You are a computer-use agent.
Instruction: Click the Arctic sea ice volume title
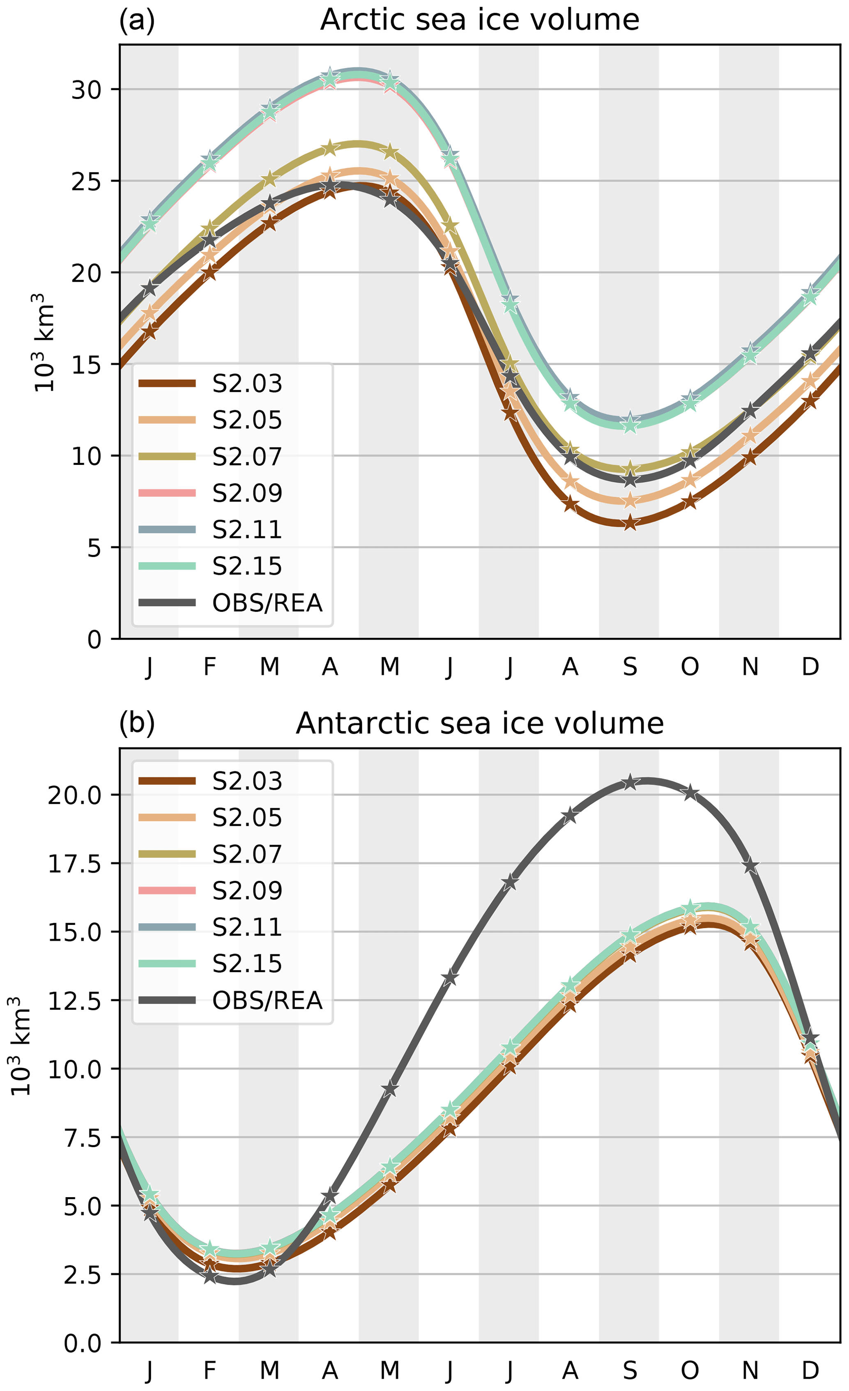point(479,20)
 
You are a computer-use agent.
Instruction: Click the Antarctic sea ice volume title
point(479,724)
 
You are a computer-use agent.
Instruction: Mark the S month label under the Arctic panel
point(630,667)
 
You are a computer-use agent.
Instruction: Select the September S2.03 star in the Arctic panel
point(630,523)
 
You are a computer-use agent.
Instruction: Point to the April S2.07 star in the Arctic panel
point(330,149)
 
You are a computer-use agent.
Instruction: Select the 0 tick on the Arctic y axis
point(94,639)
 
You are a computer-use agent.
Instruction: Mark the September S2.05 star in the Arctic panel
point(630,501)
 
